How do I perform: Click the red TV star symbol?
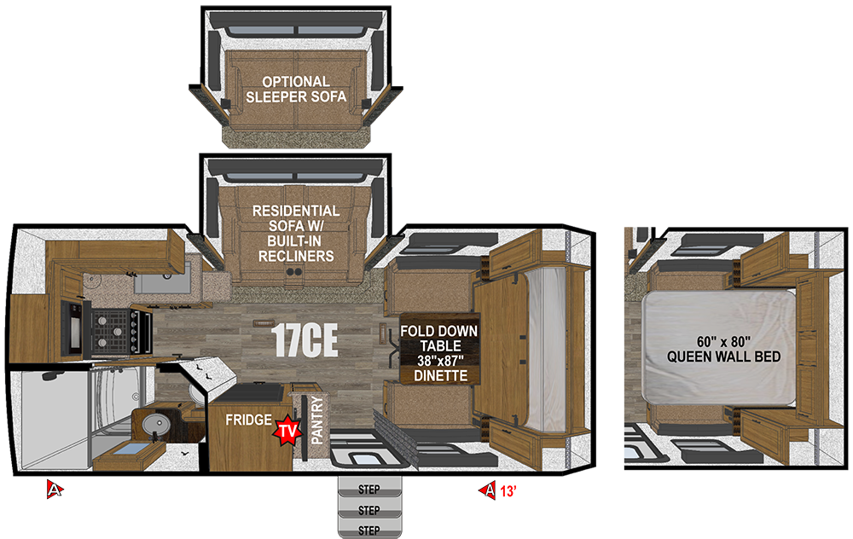click(x=286, y=431)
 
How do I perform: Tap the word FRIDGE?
click(x=247, y=420)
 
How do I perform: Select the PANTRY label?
click(x=316, y=420)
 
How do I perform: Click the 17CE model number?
click(x=305, y=341)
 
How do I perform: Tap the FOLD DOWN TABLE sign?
click(x=440, y=338)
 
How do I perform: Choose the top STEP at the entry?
click(x=369, y=490)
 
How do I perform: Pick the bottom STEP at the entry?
click(x=369, y=530)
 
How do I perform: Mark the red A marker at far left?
click(x=54, y=490)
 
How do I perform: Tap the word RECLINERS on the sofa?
click(x=296, y=256)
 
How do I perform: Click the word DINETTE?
click(x=440, y=376)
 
